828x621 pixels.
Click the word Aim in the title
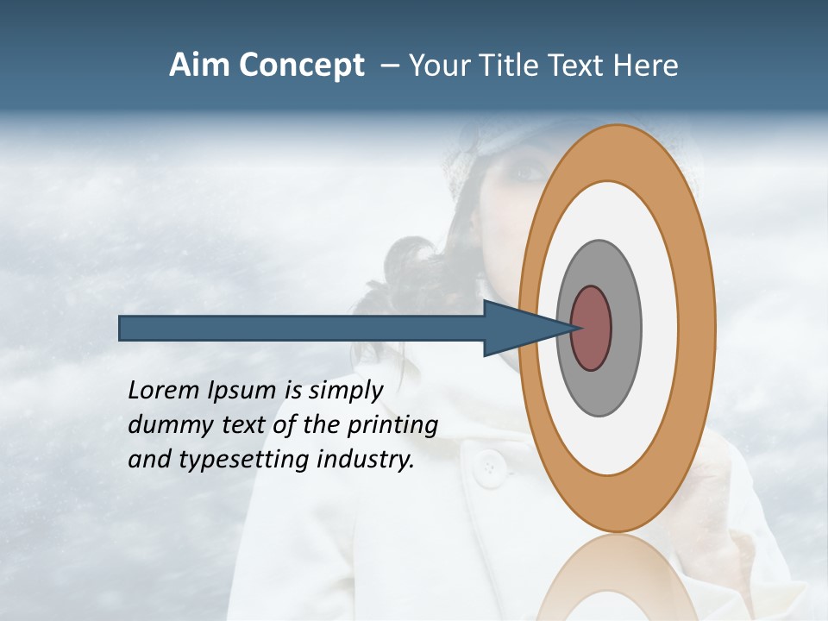pyautogui.click(x=199, y=66)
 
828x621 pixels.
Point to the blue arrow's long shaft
pyautogui.click(x=302, y=329)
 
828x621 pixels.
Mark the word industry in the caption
pyautogui.click(x=366, y=460)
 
